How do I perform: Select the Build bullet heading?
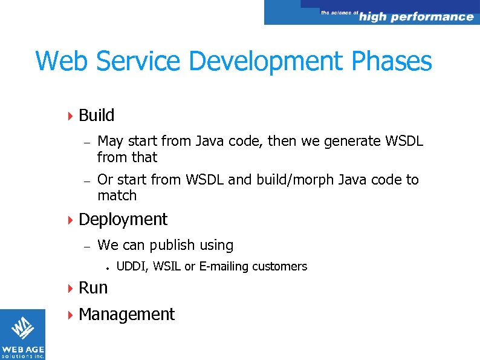[96, 115]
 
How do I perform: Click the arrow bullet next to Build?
[70, 116]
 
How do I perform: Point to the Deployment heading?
[123, 219]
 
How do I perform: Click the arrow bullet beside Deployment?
[70, 220]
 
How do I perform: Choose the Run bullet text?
[93, 287]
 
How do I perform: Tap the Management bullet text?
[126, 314]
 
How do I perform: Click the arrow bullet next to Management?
[70, 315]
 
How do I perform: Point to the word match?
[117, 195]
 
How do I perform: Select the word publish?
[173, 245]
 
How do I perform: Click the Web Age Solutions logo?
[22, 334]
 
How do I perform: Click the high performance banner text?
[415, 16]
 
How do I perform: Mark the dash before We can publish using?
[87, 246]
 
